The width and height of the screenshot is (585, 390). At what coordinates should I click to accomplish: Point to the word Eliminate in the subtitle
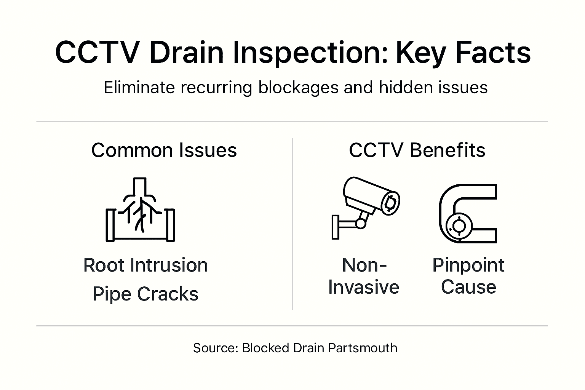139,88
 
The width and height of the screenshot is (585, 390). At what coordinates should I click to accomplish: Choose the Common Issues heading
164,150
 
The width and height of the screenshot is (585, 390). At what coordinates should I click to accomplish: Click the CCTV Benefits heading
417,150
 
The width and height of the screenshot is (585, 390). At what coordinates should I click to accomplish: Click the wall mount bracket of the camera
336,227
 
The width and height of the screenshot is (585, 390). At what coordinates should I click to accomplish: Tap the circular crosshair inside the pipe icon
459,226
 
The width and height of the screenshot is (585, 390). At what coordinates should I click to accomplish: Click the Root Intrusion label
145,265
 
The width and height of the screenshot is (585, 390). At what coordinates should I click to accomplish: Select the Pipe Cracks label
145,294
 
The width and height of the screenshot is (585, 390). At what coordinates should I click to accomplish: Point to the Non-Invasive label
364,276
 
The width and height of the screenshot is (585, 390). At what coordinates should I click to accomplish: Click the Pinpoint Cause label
468,276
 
